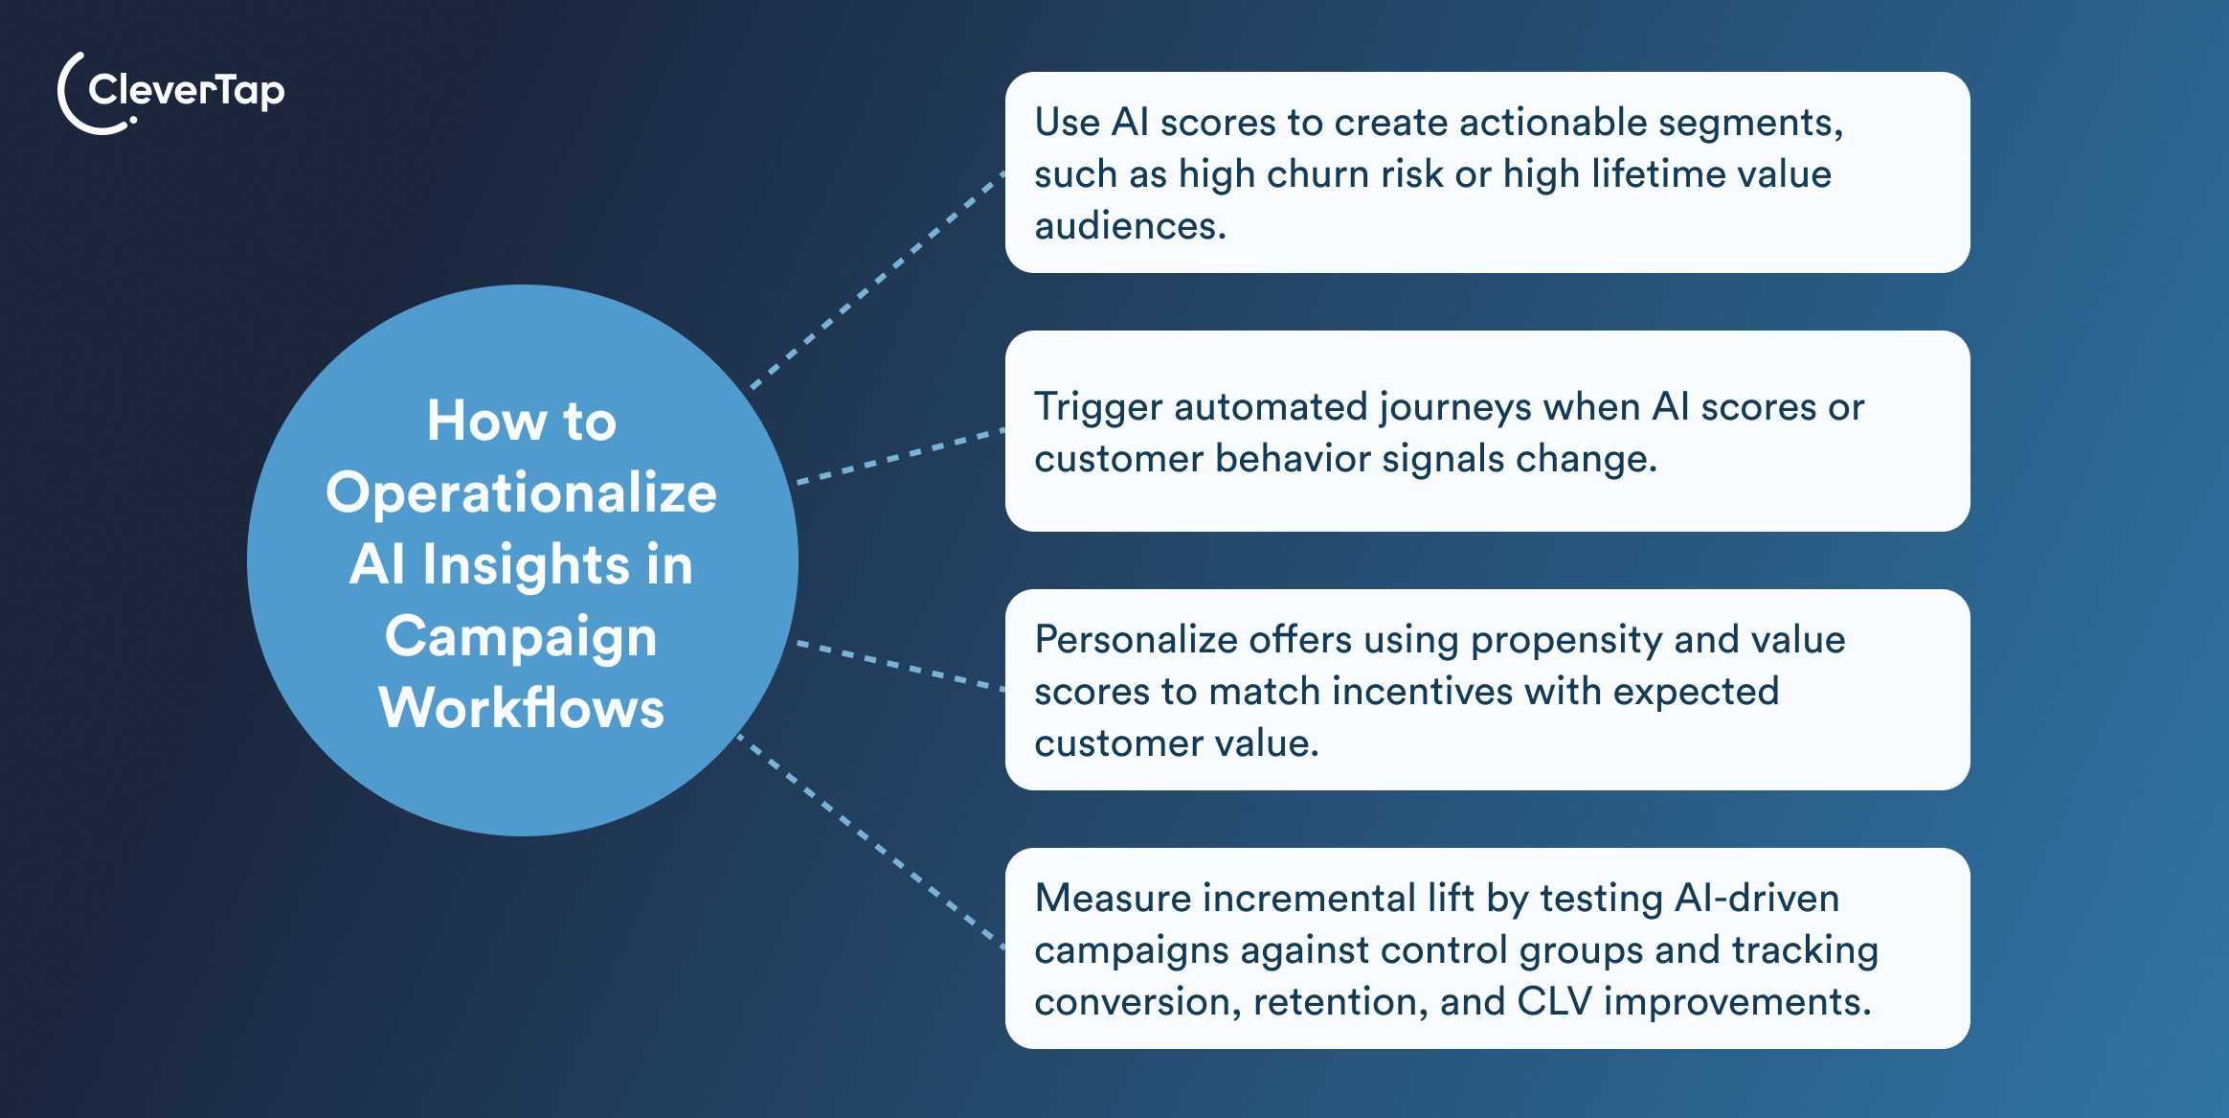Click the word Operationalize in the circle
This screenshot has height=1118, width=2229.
521,493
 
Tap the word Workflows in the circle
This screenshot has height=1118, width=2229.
521,709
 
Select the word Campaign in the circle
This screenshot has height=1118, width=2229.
521,637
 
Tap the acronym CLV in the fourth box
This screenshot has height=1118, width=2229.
1555,1002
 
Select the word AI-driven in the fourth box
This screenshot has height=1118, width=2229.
1756,899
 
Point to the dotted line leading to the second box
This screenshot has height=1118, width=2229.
900,457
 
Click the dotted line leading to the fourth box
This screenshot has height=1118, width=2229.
871,842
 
